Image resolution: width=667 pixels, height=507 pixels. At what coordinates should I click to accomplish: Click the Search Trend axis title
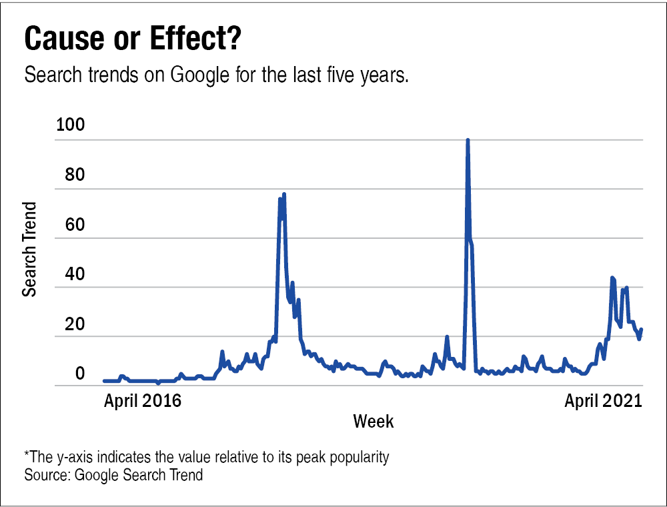point(29,249)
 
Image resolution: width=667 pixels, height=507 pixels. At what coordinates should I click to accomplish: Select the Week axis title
point(373,422)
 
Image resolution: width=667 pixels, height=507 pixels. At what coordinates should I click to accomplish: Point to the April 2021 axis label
point(603,401)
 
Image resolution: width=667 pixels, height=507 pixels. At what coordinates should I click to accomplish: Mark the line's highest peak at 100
point(468,140)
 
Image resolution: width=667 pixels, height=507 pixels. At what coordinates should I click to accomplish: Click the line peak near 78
point(284,194)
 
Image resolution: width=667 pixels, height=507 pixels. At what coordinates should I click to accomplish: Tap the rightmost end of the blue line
point(642,329)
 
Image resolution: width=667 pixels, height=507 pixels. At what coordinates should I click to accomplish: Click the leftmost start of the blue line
point(104,381)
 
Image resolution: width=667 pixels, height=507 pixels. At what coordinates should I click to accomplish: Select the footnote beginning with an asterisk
point(206,458)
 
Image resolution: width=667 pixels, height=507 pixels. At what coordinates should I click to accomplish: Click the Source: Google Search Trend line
point(113,475)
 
